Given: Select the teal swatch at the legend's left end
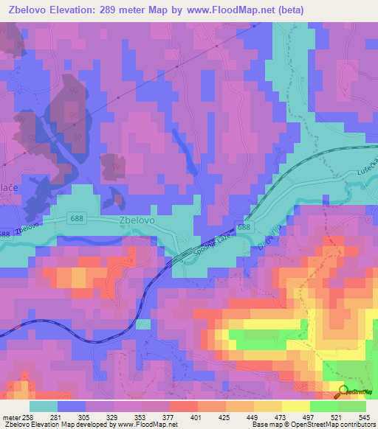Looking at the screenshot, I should tap(44, 406).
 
